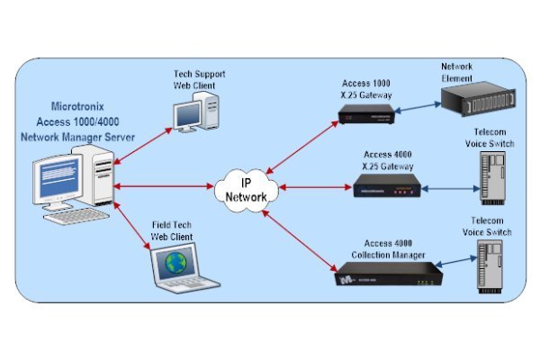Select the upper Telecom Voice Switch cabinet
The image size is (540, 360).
point(490,176)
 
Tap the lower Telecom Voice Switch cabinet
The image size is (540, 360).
point(490,268)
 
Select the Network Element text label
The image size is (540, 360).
point(460,71)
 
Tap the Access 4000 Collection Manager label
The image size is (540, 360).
point(388,249)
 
